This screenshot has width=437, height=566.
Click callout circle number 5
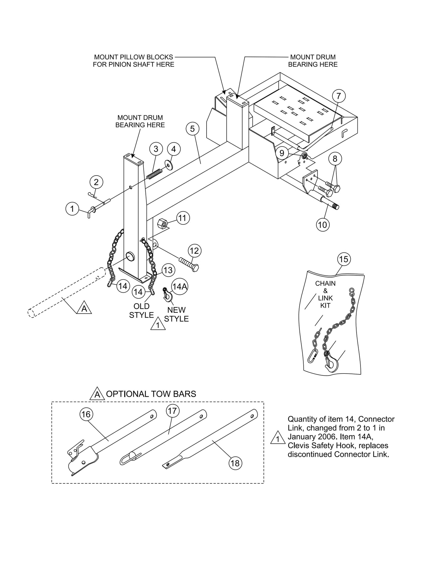click(x=193, y=129)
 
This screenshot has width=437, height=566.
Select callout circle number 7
click(x=338, y=96)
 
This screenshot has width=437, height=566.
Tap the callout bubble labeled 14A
click(x=179, y=286)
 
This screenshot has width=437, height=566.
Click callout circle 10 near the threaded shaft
click(x=323, y=225)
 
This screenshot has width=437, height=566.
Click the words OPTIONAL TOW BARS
click(x=151, y=394)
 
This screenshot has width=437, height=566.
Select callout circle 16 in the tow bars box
click(x=86, y=414)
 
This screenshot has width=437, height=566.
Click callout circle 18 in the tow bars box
click(x=235, y=463)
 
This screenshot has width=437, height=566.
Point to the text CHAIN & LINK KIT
click(x=325, y=294)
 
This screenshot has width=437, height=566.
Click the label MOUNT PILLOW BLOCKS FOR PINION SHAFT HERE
click(x=133, y=61)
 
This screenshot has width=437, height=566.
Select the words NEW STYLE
click(x=176, y=314)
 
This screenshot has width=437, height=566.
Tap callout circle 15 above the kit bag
click(x=343, y=259)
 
